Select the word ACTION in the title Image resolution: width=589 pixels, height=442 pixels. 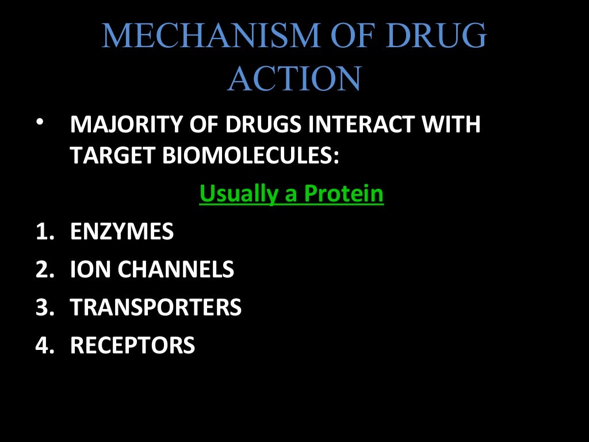294,79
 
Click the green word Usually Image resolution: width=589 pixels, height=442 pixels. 238,195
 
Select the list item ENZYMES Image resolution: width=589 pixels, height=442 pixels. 121,232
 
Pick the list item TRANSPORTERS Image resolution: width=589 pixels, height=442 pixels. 155,307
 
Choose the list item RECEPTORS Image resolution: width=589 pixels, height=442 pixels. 132,345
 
